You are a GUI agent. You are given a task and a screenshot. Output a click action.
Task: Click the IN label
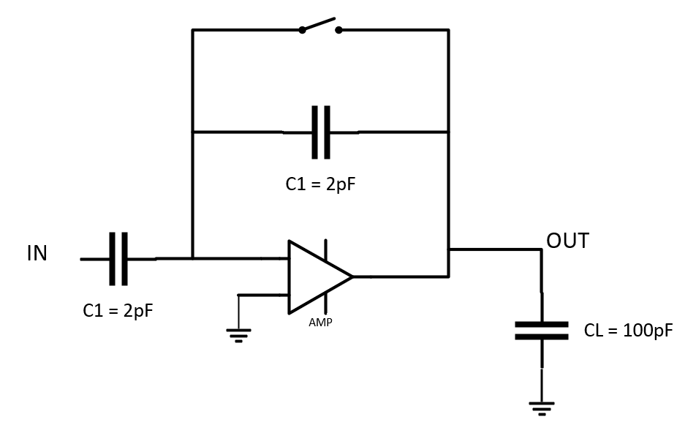coord(37,254)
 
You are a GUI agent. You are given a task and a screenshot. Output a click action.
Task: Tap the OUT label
coord(567,241)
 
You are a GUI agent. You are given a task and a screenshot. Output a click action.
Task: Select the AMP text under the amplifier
coord(320,322)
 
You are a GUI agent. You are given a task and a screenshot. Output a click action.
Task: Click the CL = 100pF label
coord(628,331)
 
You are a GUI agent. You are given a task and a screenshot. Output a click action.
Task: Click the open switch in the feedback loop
coord(320,26)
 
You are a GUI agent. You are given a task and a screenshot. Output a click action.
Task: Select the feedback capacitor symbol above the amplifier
coord(321,132)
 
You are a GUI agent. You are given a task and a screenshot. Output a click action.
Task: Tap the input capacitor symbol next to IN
coord(118,259)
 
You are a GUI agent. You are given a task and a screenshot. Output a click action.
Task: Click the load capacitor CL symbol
coord(541,331)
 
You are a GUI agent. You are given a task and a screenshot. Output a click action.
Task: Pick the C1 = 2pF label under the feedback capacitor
coord(320,184)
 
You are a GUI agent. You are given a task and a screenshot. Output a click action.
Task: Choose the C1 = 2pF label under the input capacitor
coord(118,310)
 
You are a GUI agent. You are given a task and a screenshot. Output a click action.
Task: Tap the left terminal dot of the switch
coord(302,30)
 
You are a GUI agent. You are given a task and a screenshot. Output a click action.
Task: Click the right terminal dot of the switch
coord(338,30)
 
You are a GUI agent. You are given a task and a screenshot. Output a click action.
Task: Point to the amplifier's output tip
coord(352,277)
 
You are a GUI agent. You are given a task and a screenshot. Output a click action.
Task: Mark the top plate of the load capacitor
coord(541,324)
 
